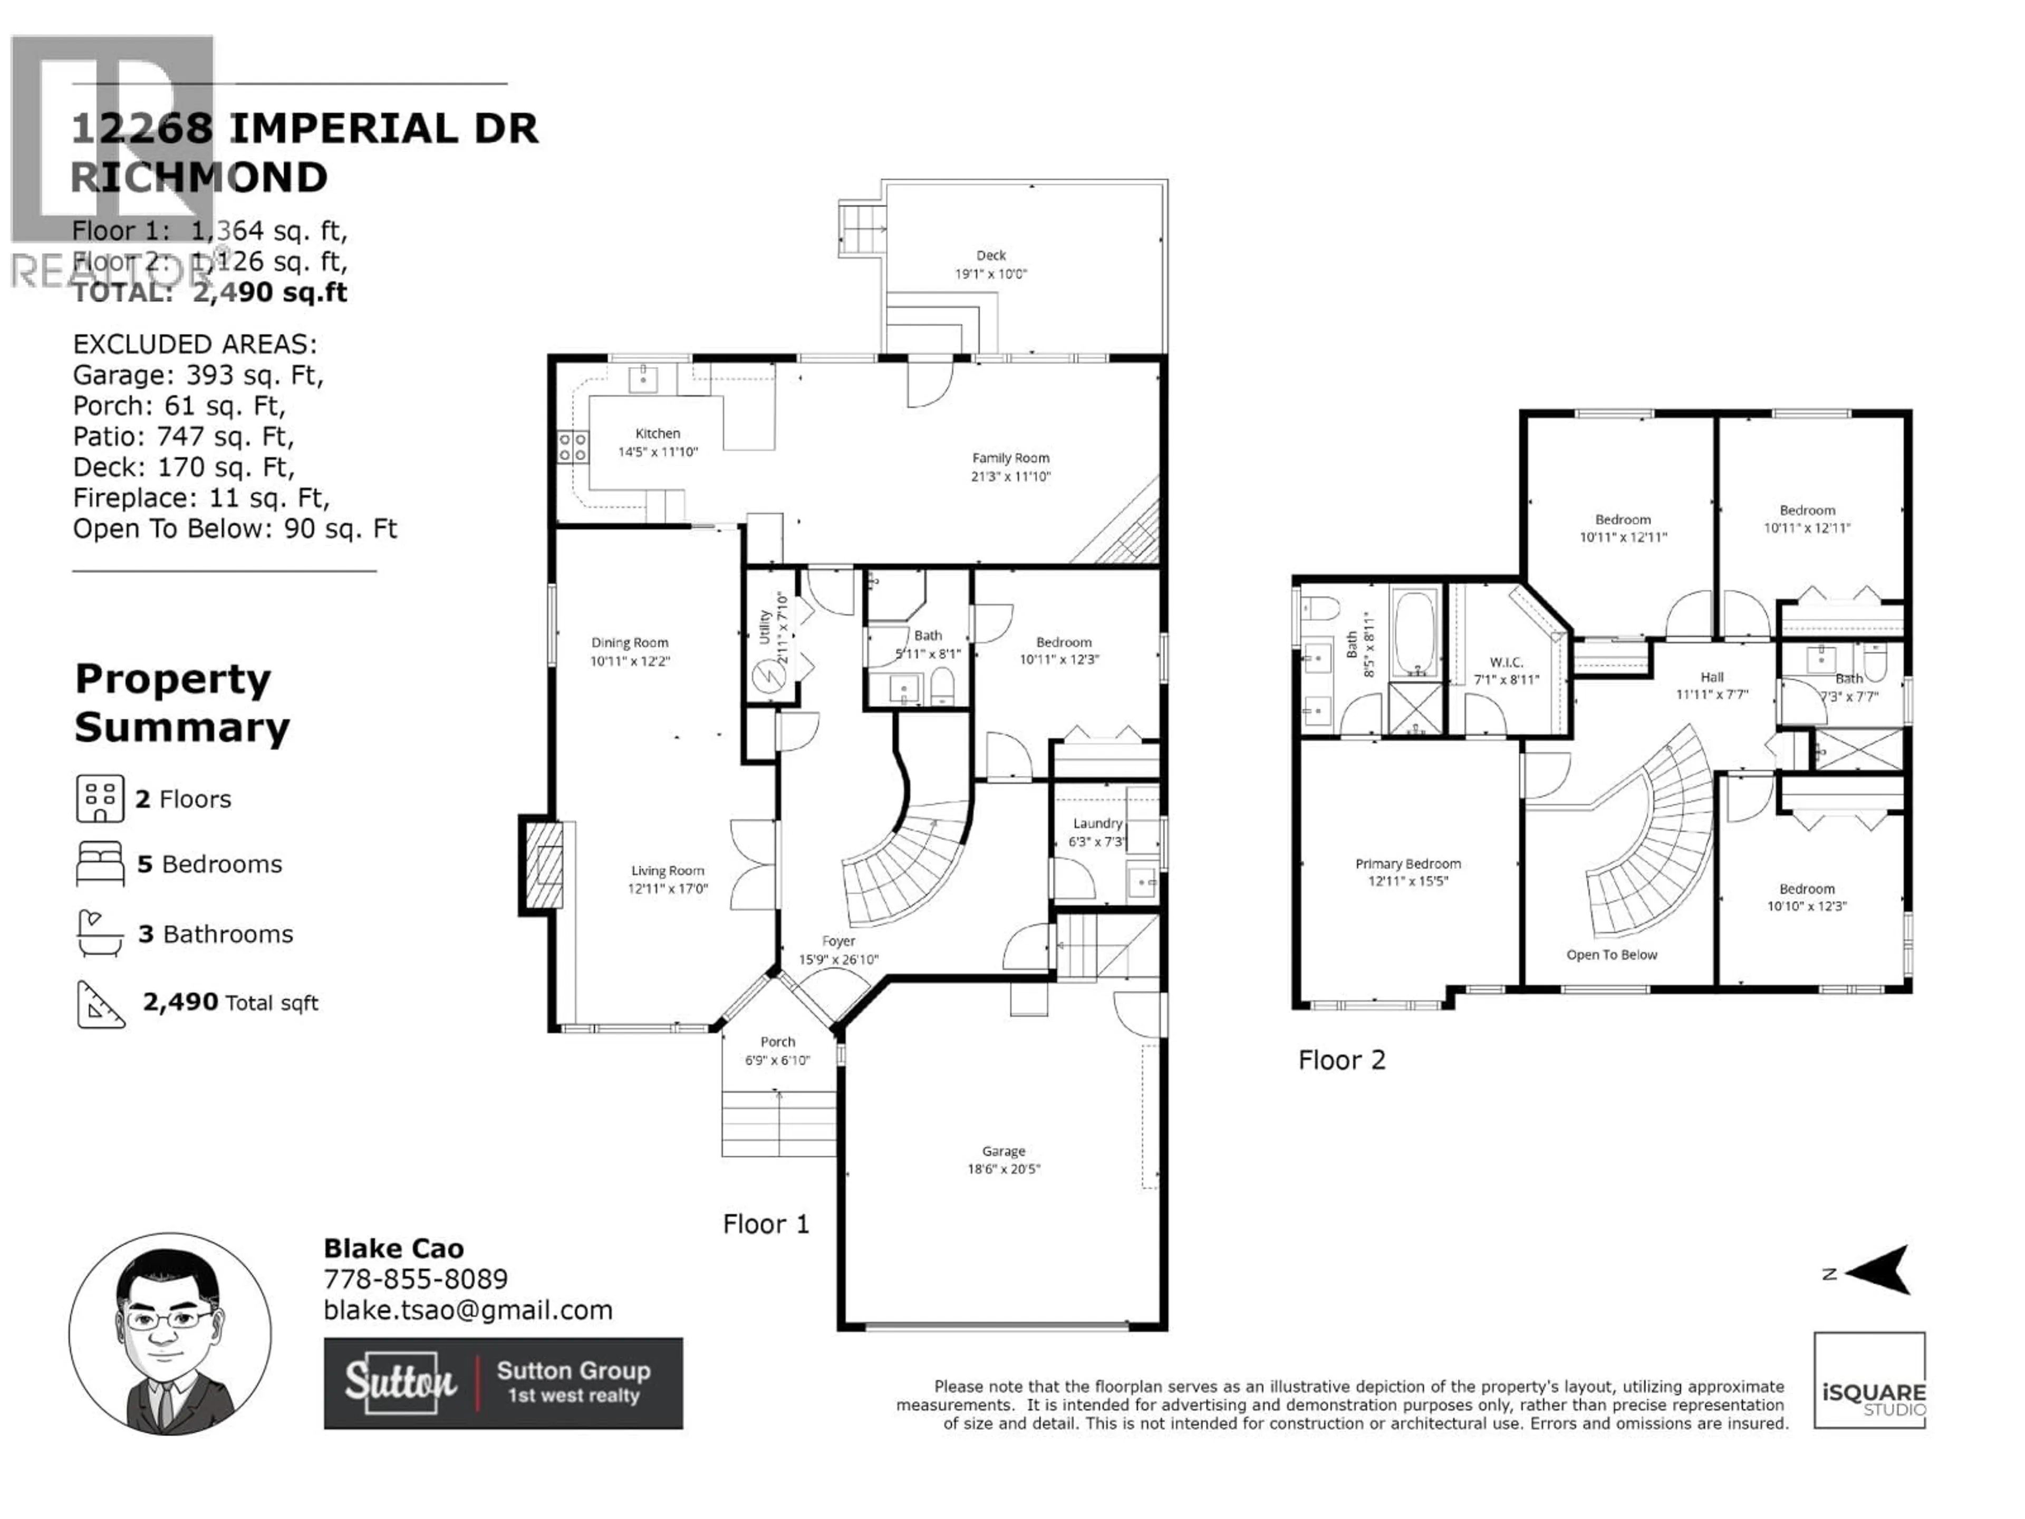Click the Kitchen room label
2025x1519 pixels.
(x=657, y=433)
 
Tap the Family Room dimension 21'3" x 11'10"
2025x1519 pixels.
(x=1011, y=476)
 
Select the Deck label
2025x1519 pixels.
(x=990, y=255)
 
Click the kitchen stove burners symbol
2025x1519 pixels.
(x=573, y=448)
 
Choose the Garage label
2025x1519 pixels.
(x=1004, y=1151)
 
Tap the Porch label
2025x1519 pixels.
(x=777, y=1042)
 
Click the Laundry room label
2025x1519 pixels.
(x=1097, y=823)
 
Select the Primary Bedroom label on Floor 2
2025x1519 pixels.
(x=1407, y=863)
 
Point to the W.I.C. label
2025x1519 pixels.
(x=1506, y=662)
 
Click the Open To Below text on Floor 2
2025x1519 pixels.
(x=1611, y=955)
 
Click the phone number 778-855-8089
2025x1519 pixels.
(x=416, y=1279)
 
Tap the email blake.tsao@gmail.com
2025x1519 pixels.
(x=468, y=1310)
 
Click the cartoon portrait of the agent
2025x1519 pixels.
(x=170, y=1333)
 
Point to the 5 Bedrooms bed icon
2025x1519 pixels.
(x=100, y=863)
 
